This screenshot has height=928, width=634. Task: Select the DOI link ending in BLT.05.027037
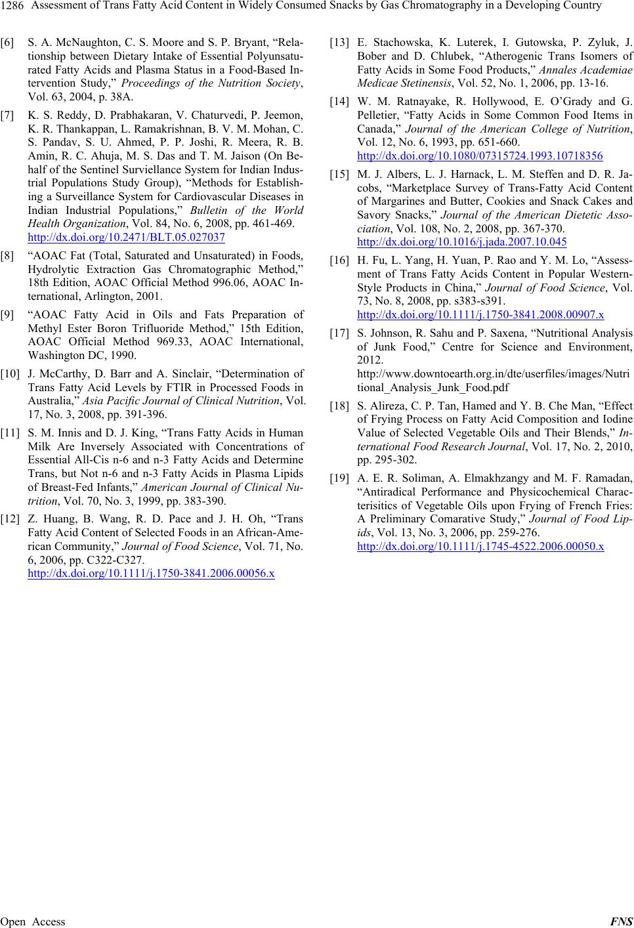click(127, 237)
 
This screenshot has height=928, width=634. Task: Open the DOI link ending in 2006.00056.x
click(151, 573)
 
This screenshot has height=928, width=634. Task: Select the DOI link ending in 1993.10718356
click(480, 156)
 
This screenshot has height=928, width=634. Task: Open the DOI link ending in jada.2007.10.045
click(462, 242)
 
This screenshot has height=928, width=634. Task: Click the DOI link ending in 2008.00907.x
click(480, 314)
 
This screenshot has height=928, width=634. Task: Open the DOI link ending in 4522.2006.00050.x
click(480, 546)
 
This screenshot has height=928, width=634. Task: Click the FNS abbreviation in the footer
click(621, 921)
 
